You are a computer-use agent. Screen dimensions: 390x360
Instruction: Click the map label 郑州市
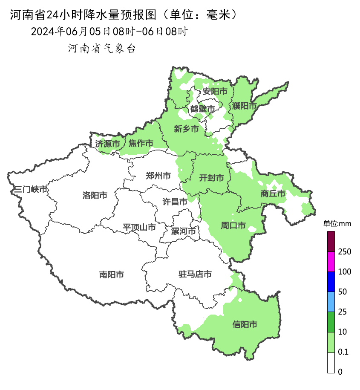[x=158, y=176]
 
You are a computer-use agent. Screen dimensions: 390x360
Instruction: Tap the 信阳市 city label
[x=245, y=324]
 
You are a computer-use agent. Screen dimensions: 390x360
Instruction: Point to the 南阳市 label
[x=112, y=274]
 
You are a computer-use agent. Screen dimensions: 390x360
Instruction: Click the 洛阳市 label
[x=95, y=195]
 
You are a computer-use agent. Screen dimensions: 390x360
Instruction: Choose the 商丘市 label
[x=273, y=194]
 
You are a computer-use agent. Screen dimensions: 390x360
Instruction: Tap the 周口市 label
[x=233, y=225]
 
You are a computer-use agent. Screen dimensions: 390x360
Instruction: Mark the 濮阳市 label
[x=245, y=105]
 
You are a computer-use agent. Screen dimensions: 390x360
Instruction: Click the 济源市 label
[x=107, y=144]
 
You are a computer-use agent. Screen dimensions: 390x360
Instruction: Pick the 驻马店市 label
[x=195, y=274]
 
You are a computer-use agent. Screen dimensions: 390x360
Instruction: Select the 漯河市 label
[x=183, y=231]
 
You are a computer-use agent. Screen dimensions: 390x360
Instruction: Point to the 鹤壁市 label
[x=202, y=109]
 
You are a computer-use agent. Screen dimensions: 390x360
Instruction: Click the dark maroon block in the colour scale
[x=331, y=241]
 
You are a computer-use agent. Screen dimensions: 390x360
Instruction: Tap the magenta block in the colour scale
[x=331, y=261]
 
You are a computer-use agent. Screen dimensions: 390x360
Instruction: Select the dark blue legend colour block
[x=331, y=281]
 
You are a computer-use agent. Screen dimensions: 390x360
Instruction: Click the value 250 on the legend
[x=344, y=251]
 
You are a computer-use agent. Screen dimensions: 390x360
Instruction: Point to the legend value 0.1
[x=343, y=352]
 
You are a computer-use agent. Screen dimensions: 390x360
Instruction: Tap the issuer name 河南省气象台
[x=102, y=49]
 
